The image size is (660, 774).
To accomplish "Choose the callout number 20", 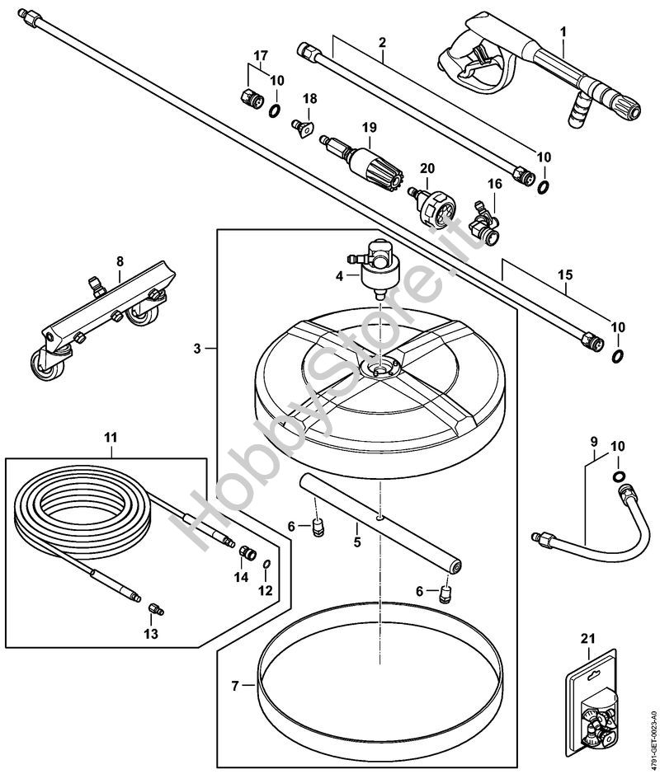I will click(427, 168).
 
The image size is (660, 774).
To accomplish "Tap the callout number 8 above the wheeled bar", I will click(120, 261).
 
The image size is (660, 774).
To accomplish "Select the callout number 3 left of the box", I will click(197, 349).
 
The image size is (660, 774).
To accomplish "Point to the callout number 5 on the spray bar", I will click(356, 542).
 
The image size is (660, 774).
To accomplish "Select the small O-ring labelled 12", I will click(266, 565).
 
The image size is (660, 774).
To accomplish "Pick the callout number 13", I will click(152, 633).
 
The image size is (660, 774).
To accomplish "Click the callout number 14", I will click(240, 578).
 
